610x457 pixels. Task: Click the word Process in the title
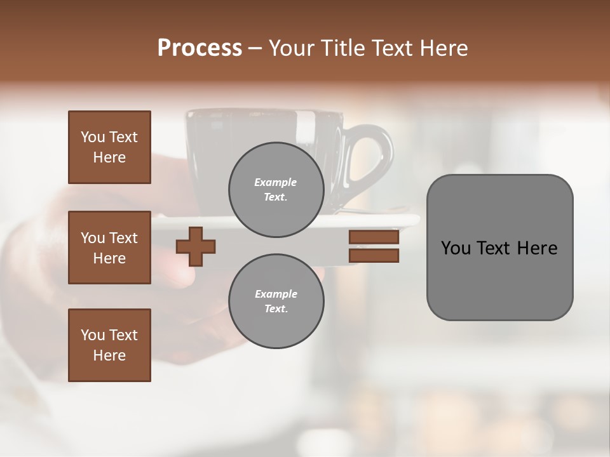200,48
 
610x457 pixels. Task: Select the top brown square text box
109,147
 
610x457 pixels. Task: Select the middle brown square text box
109,248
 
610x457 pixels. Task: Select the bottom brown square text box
109,345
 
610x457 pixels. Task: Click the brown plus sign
196,246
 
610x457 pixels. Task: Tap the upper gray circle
276,190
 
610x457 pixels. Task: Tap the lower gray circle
276,301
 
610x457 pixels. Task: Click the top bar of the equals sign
374,237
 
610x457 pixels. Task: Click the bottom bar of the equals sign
374,255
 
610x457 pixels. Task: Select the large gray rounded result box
499,248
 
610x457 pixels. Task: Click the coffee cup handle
375,159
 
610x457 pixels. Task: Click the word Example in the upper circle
276,182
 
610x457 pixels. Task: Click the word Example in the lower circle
276,294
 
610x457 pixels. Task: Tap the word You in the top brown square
93,137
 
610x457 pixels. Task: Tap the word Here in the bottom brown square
109,355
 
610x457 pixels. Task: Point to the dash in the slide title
255,49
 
